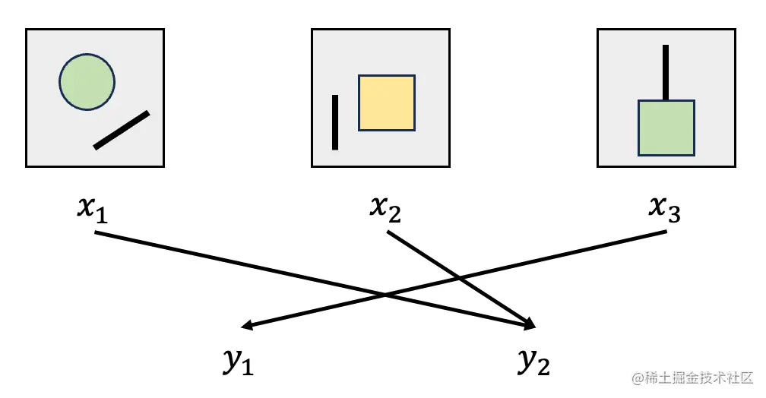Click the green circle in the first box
pos(87,82)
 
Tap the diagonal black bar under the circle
pos(122,130)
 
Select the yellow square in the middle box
pos(387,103)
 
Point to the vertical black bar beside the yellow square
pos(334,122)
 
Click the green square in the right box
pos(666,128)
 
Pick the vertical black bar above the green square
pos(666,72)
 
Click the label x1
pos(93,208)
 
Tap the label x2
pos(385,208)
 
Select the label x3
pos(665,208)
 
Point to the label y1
pos(238,362)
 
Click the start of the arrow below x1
pos(96,232)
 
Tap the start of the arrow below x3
pos(665,231)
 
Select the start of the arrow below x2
pos(388,232)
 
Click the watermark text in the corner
pos(691,377)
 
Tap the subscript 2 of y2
pos(543,368)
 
